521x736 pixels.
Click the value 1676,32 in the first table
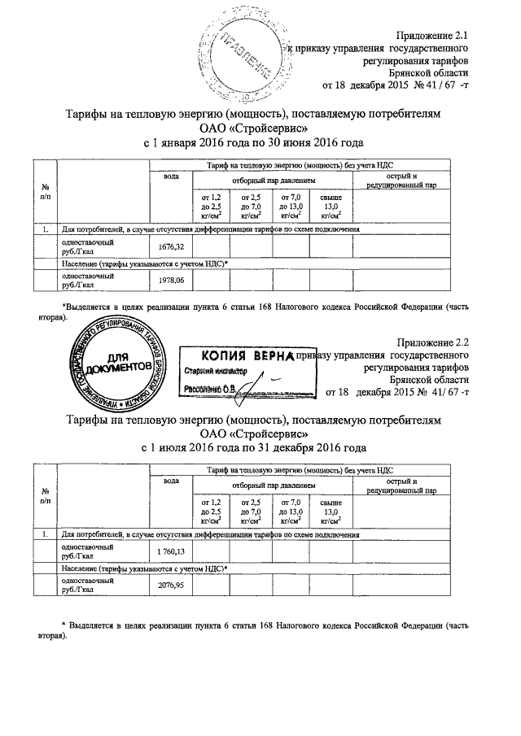[x=169, y=246]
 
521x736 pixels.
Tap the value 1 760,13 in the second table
[x=169, y=551]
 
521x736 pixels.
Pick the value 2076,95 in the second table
[x=169, y=585]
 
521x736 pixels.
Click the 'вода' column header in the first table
[x=170, y=176]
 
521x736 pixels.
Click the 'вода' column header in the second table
[x=170, y=481]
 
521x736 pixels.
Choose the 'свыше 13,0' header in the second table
[x=331, y=512]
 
